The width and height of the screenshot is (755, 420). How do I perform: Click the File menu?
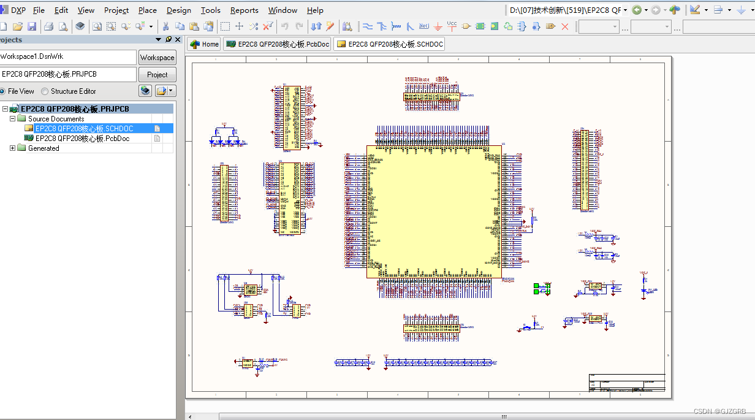[39, 10]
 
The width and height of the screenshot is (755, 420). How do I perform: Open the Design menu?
[178, 10]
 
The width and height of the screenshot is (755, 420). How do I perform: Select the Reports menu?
[244, 10]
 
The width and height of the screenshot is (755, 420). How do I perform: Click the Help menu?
[315, 10]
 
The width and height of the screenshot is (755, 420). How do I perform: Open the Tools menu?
[210, 10]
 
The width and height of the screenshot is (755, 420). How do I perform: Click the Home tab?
[204, 44]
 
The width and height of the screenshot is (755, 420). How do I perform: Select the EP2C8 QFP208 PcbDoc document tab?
[278, 44]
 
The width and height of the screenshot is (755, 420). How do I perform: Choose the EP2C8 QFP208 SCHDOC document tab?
[389, 44]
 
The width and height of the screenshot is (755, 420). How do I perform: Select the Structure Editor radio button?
[45, 91]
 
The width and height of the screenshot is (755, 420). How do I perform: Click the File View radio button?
[2, 91]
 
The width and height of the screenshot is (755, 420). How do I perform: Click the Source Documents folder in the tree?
[56, 119]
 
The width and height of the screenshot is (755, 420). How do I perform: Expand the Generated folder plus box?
[13, 148]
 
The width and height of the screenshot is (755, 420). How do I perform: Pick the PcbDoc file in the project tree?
[82, 139]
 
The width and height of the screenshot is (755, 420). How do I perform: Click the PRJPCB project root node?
[74, 109]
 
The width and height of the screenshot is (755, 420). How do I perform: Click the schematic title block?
[626, 382]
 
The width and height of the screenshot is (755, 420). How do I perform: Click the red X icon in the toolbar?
[565, 26]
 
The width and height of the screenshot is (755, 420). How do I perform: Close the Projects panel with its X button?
[178, 39]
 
